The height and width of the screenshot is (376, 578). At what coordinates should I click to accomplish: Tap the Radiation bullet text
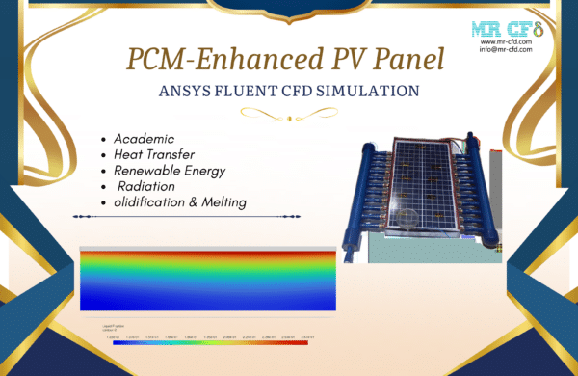(149, 186)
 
